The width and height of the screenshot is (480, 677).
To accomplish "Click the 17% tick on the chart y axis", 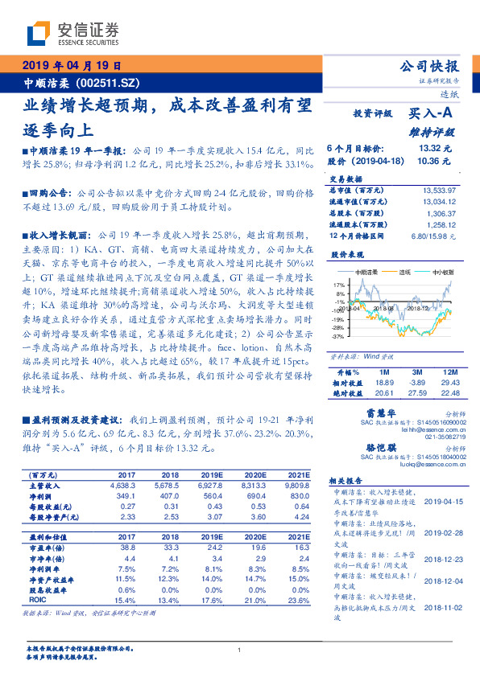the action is tap(339, 284).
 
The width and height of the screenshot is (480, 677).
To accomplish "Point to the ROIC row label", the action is tap(39, 601).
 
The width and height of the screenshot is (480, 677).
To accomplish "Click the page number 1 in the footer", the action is tap(240, 650).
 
